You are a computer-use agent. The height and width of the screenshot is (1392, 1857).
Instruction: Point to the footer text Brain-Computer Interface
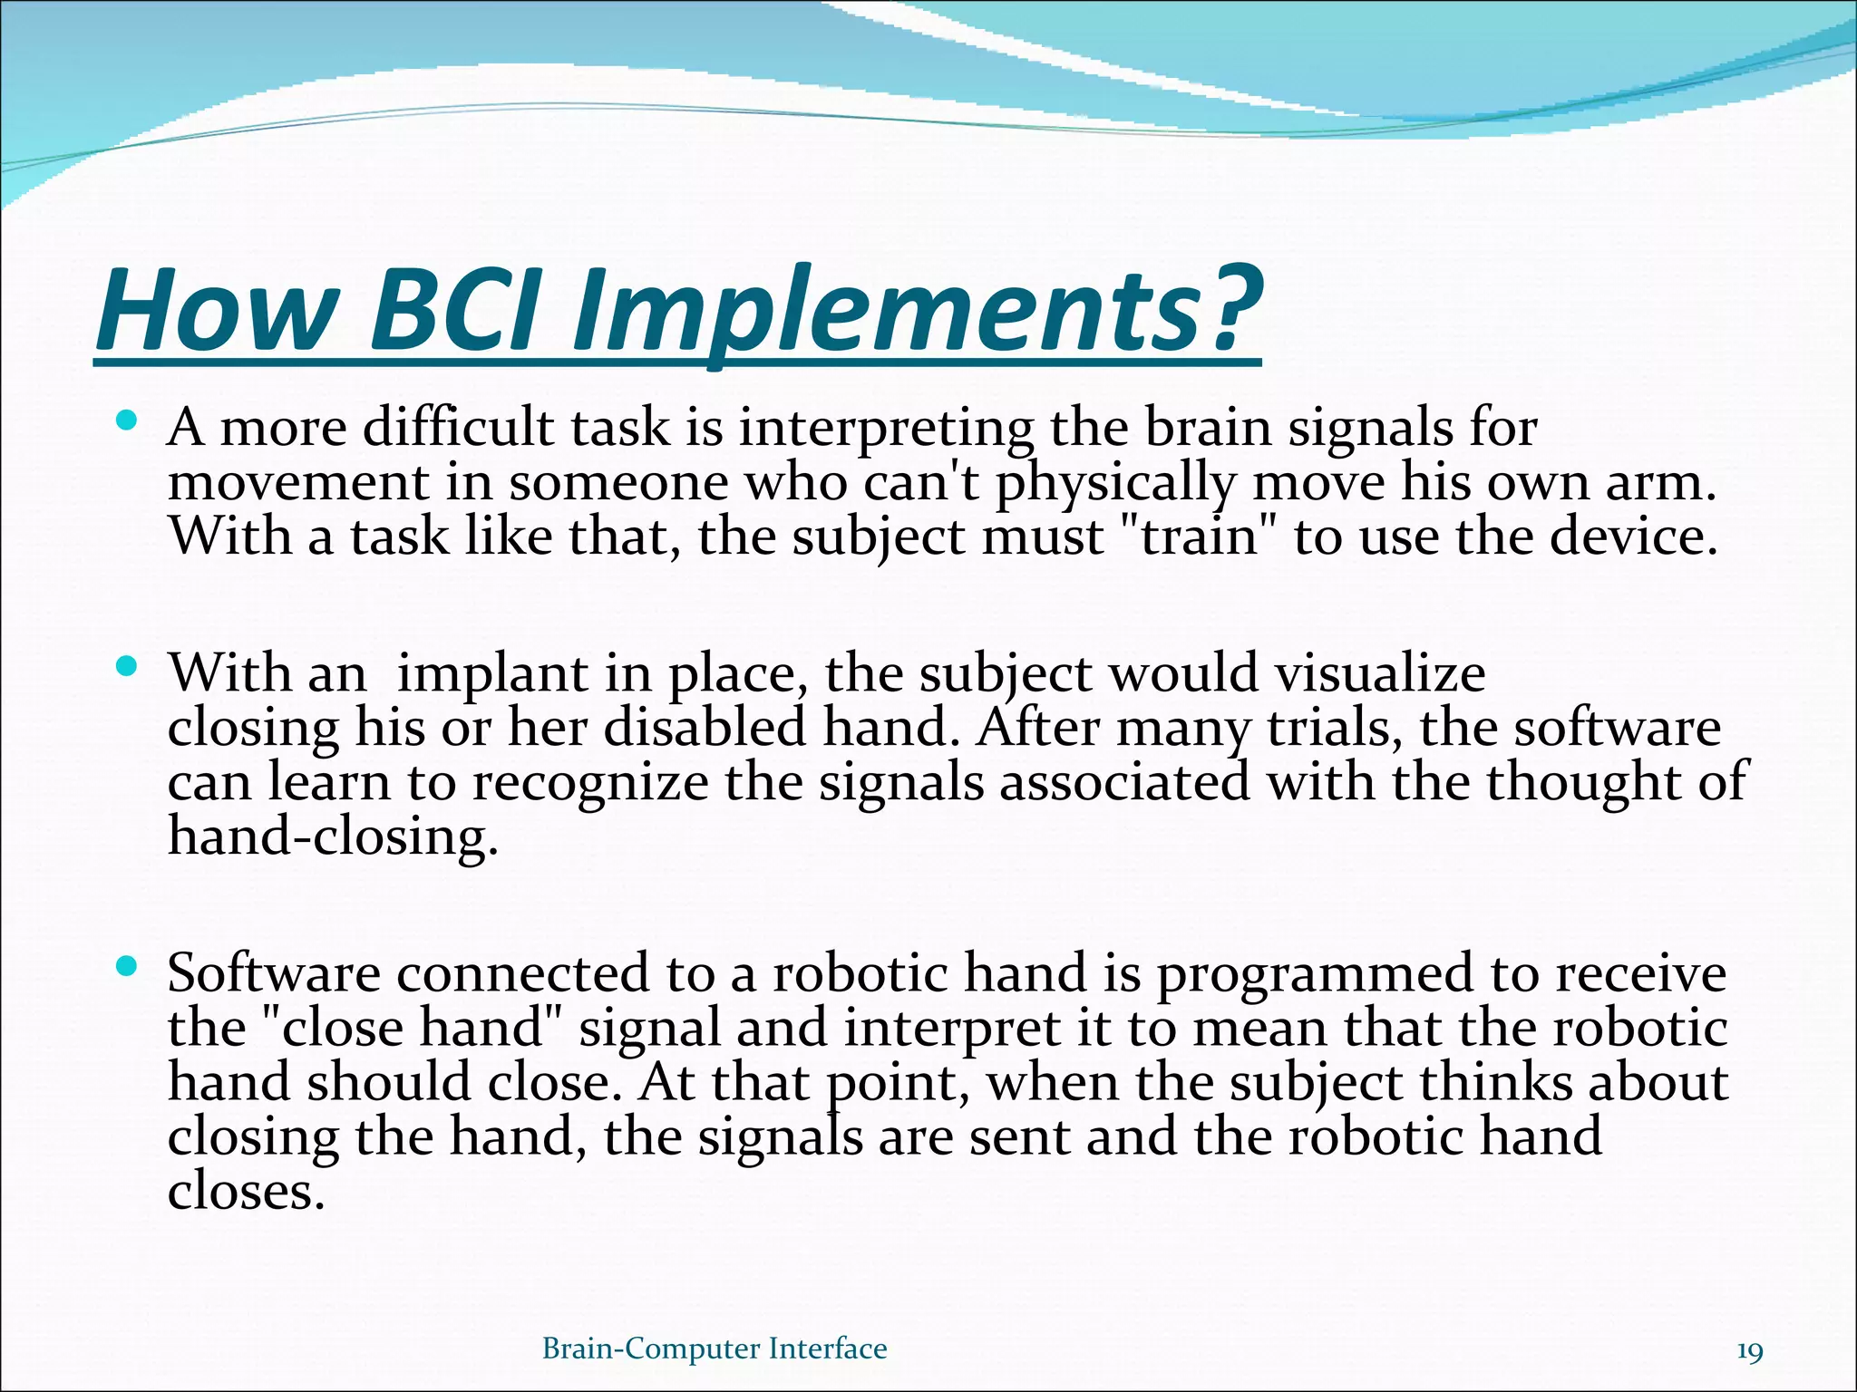715,1348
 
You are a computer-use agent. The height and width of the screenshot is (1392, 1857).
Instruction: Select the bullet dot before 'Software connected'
127,967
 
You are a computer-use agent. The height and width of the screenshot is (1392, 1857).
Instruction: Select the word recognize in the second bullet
589,782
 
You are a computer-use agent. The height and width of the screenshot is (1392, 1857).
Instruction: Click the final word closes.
246,1191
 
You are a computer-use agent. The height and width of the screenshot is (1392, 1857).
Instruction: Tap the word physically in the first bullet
1115,482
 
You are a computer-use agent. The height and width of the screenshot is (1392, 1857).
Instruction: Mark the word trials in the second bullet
1332,728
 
